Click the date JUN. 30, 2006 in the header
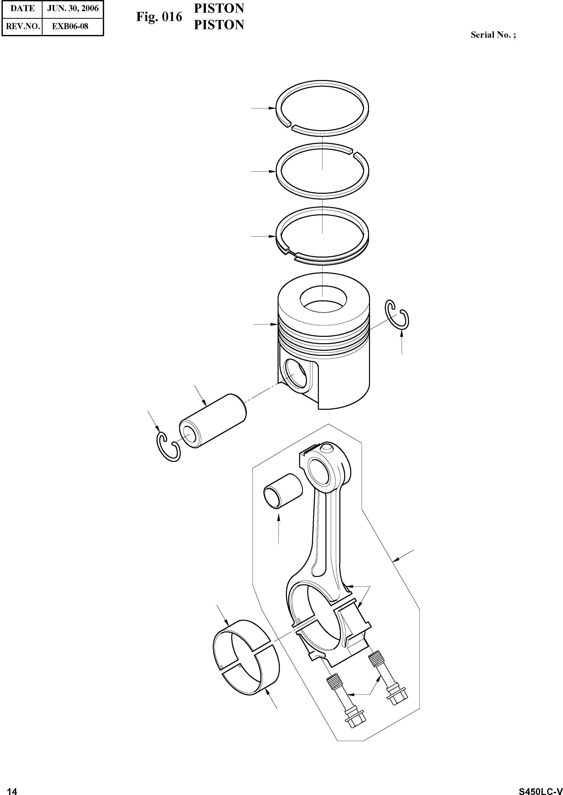click(73, 9)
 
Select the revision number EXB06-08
click(70, 26)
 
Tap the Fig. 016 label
click(159, 17)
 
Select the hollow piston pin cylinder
click(212, 421)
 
